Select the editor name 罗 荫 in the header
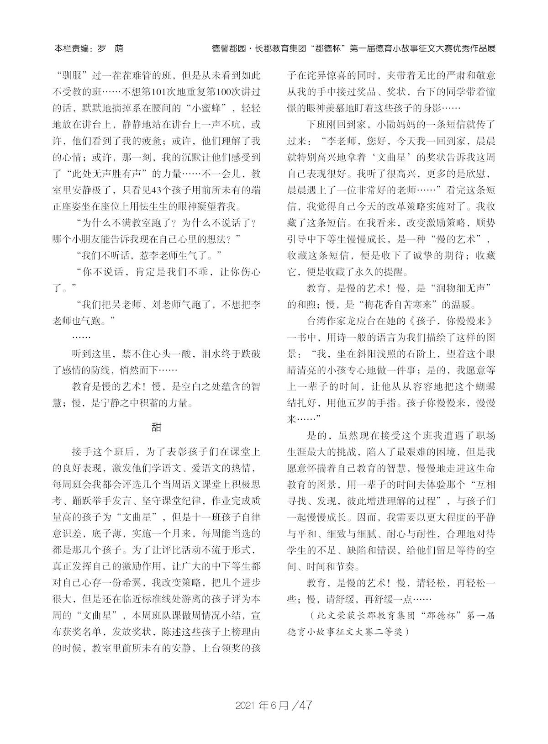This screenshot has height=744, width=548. (111, 48)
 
